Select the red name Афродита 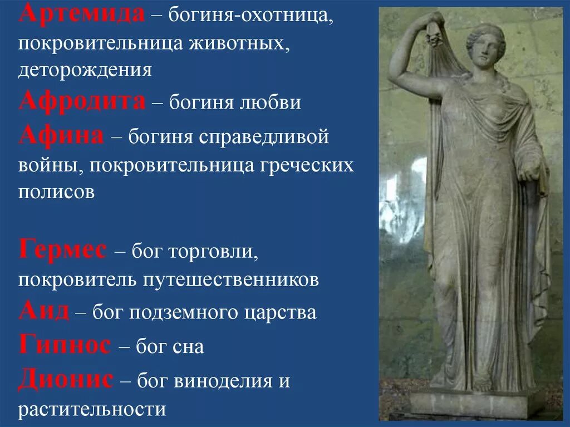[82, 102]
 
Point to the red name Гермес [62, 251]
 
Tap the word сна [187, 347]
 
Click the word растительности [92, 410]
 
